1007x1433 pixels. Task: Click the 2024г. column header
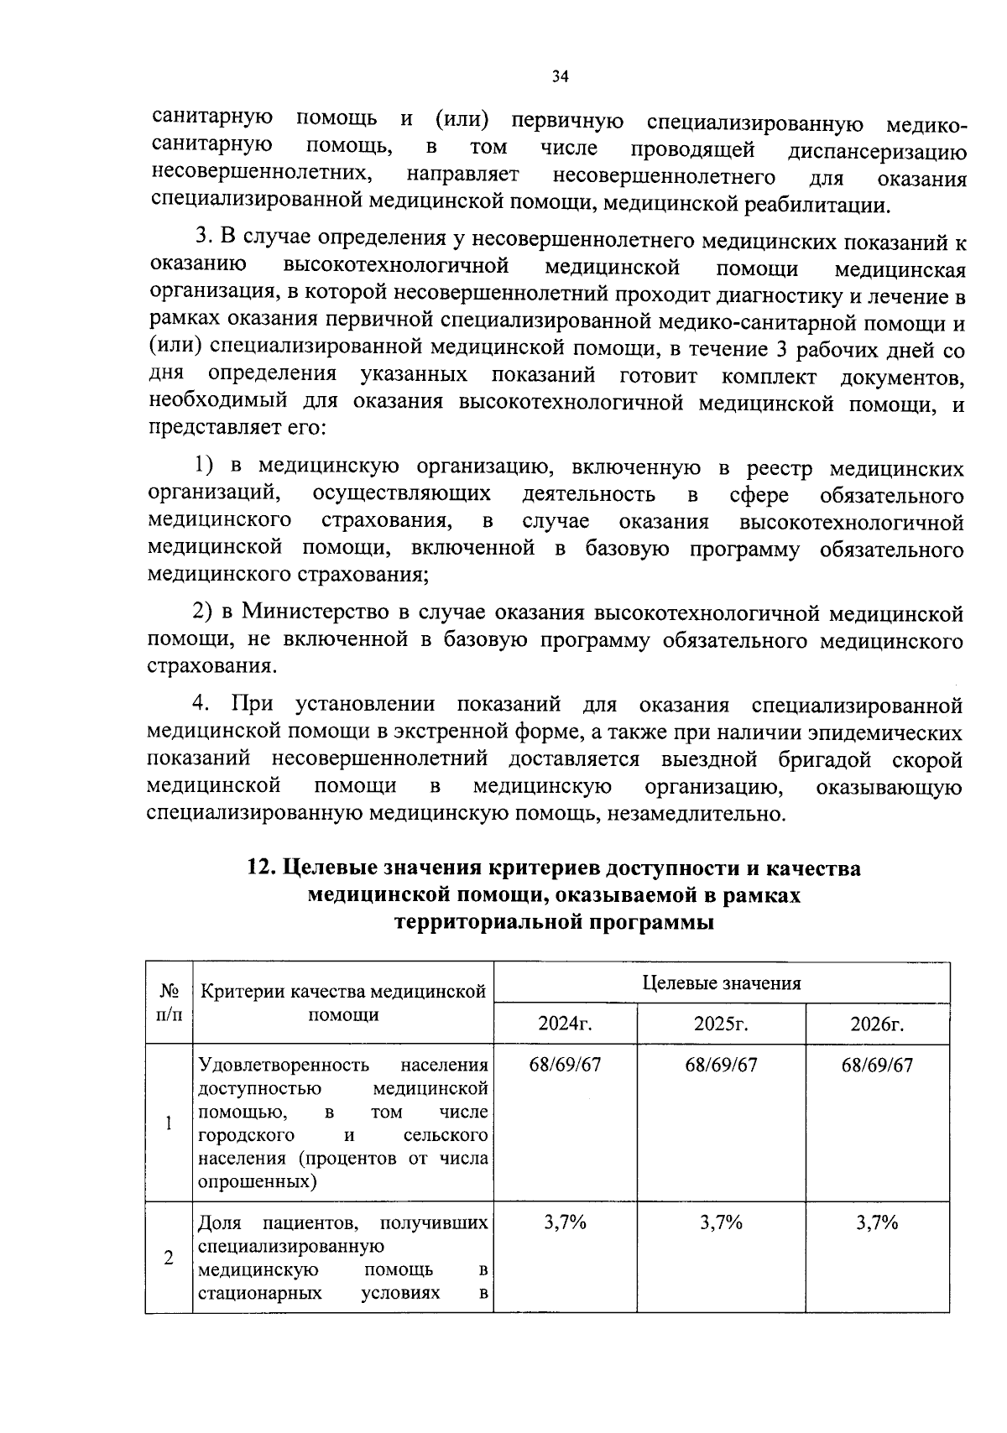(565, 1024)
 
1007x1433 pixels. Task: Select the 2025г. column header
(721, 1024)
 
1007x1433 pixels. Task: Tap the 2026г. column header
(877, 1024)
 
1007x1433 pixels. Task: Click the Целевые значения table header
(722, 983)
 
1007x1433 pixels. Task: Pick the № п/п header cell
(169, 1003)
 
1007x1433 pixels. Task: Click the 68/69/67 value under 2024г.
(565, 1065)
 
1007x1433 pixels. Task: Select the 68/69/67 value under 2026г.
(877, 1065)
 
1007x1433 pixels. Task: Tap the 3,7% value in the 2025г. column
(721, 1222)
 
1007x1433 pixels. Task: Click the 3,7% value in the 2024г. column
(565, 1222)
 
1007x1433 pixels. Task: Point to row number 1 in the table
(169, 1123)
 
